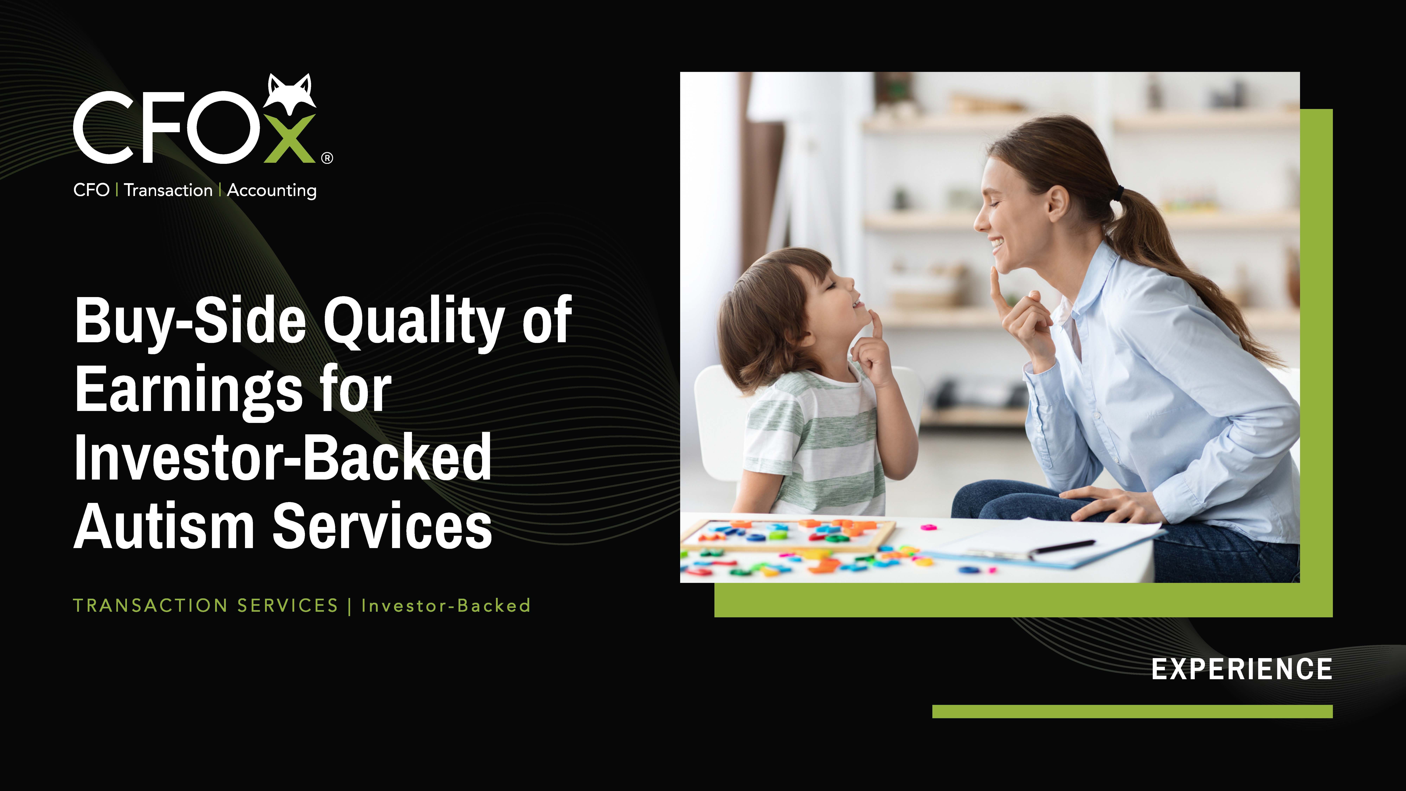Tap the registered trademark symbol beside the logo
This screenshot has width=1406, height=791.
pos(327,158)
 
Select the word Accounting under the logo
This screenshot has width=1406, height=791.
pos(272,191)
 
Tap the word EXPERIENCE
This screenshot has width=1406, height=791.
pos(1242,669)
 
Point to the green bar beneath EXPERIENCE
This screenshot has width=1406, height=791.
pos(1133,711)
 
